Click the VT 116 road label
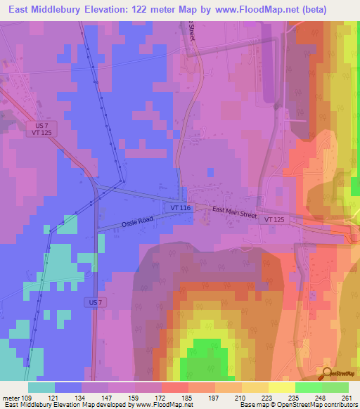180,209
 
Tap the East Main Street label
234,213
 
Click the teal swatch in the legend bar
42,387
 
